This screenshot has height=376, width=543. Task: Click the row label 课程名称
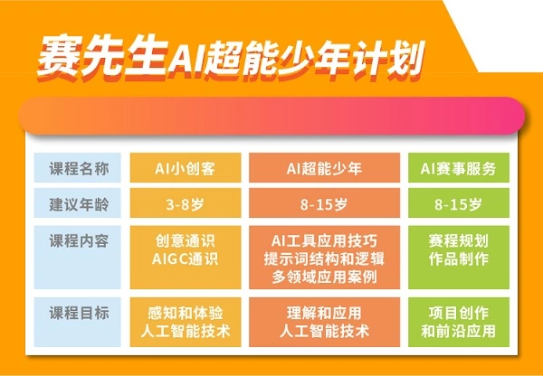[79, 168]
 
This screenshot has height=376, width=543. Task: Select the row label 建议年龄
[79, 202]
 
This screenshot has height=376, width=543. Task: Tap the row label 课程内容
[79, 240]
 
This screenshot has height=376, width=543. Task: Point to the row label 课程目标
[79, 314]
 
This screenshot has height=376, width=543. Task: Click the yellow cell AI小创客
[186, 168]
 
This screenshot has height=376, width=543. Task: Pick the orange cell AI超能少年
[324, 168]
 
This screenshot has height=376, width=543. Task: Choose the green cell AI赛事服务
[457, 168]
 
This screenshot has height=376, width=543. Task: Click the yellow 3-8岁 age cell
[186, 203]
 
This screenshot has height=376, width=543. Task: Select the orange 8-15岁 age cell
[324, 203]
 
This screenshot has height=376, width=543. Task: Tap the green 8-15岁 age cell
[457, 203]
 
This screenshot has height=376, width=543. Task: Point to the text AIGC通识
[186, 259]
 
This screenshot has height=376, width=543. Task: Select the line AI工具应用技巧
[324, 240]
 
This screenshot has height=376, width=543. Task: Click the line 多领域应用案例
[324, 277]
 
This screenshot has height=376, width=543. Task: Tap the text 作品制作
[457, 259]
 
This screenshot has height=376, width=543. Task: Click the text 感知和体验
[186, 314]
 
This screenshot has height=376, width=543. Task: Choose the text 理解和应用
[324, 314]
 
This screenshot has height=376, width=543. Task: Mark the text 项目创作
[457, 314]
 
